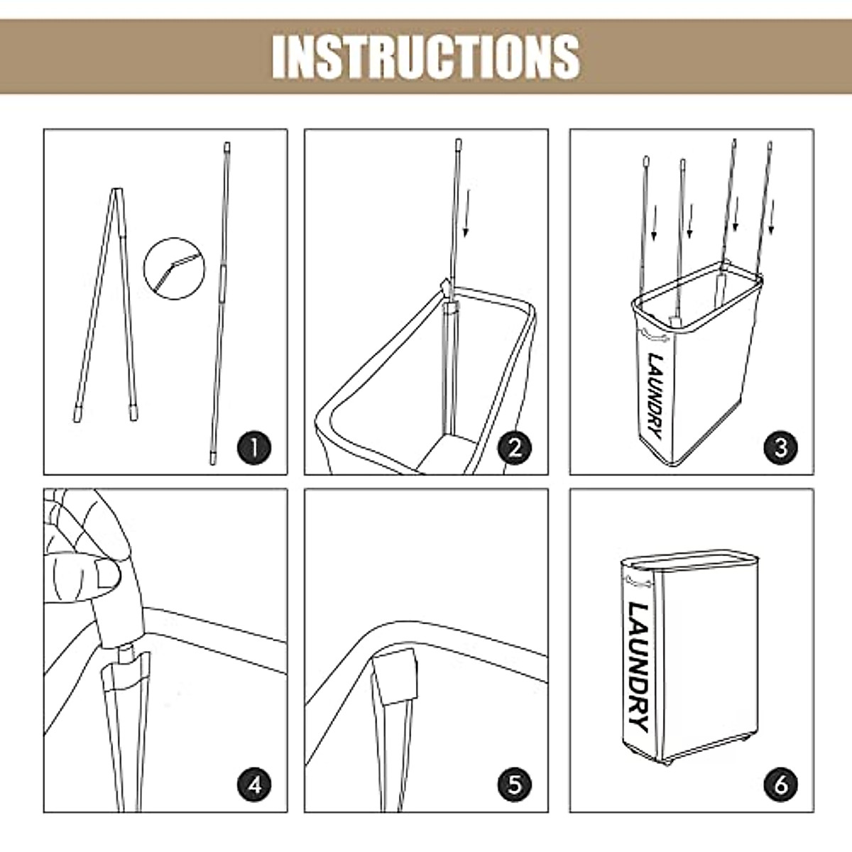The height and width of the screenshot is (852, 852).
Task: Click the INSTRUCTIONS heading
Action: [426, 58]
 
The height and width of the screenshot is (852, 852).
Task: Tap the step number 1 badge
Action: [254, 447]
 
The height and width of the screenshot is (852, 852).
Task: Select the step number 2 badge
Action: [515, 447]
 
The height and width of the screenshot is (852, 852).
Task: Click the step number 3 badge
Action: [781, 447]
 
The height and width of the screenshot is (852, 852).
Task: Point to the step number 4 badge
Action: [254, 785]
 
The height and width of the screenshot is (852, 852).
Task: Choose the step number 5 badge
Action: [515, 785]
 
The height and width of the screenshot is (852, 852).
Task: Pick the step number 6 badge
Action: [781, 785]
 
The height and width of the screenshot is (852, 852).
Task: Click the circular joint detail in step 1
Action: [175, 268]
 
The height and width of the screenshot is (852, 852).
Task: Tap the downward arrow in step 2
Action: [466, 213]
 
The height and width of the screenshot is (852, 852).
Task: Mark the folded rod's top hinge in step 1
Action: [116, 190]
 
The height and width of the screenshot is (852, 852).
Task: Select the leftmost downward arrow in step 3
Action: [654, 223]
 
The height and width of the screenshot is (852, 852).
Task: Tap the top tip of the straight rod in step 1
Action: [227, 143]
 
